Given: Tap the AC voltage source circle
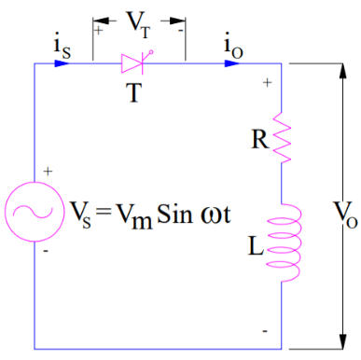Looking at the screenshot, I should (35, 212).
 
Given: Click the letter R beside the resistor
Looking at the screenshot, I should (260, 139).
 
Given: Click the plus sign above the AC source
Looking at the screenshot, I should (48, 173).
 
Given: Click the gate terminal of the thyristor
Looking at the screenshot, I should (152, 52).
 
